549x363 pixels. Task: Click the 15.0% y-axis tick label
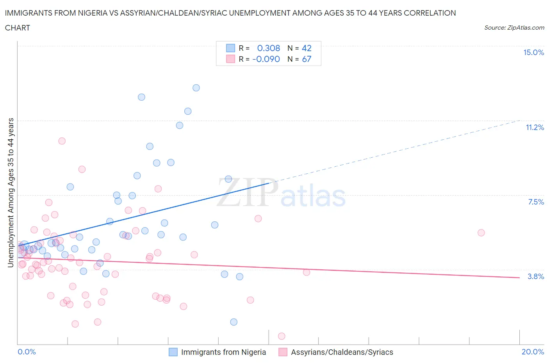[533, 52]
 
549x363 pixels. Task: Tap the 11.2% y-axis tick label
[535, 127]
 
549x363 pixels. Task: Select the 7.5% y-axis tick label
[536, 202]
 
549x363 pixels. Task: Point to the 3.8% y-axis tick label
[536, 276]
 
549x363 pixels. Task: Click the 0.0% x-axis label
[27, 352]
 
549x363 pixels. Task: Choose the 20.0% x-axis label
[533, 352]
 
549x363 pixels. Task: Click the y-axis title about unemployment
[11, 193]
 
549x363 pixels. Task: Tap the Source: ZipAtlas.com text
[514, 27]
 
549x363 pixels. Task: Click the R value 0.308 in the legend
[268, 48]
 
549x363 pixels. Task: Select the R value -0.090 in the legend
[266, 59]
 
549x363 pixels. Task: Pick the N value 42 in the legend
[307, 48]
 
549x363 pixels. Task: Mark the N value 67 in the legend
[307, 59]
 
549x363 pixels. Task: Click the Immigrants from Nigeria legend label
[223, 352]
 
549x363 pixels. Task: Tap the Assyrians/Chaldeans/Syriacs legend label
[342, 352]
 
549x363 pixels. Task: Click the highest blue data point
[196, 88]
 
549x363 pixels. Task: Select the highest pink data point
[62, 141]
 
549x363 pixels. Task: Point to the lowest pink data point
[281, 336]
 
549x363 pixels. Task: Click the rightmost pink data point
[481, 233]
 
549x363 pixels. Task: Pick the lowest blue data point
[234, 322]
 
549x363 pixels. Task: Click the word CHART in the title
[18, 28]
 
